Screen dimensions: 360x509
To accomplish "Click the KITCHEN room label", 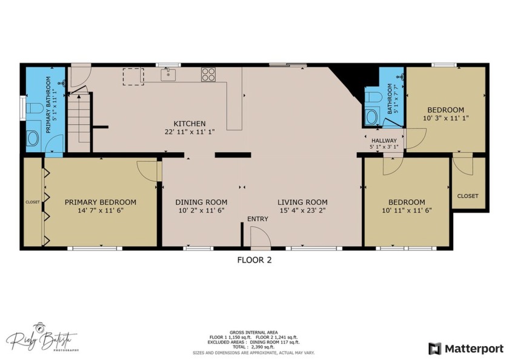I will click(190, 123).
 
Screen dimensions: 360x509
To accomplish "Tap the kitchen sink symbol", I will click(168, 75).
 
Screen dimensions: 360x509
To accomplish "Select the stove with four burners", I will click(208, 75).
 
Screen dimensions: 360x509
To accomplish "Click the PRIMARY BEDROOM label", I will click(101, 202).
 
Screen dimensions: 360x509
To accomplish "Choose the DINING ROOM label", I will click(201, 202).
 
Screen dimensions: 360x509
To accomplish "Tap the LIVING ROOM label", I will click(302, 202).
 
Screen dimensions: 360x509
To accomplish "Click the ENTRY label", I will click(258, 219).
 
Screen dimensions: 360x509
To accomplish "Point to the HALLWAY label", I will click(384, 140).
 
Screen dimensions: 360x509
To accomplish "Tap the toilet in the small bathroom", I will click(371, 97).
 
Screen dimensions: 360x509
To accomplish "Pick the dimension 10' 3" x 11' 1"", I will click(445, 118).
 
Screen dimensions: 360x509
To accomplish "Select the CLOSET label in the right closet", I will click(468, 196).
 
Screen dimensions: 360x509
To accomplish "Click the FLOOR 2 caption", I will click(253, 260).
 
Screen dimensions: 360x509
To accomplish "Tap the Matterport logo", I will click(465, 348).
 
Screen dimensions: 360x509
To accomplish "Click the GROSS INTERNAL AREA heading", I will click(254, 332).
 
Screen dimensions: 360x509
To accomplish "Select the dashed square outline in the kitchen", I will click(132, 75).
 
